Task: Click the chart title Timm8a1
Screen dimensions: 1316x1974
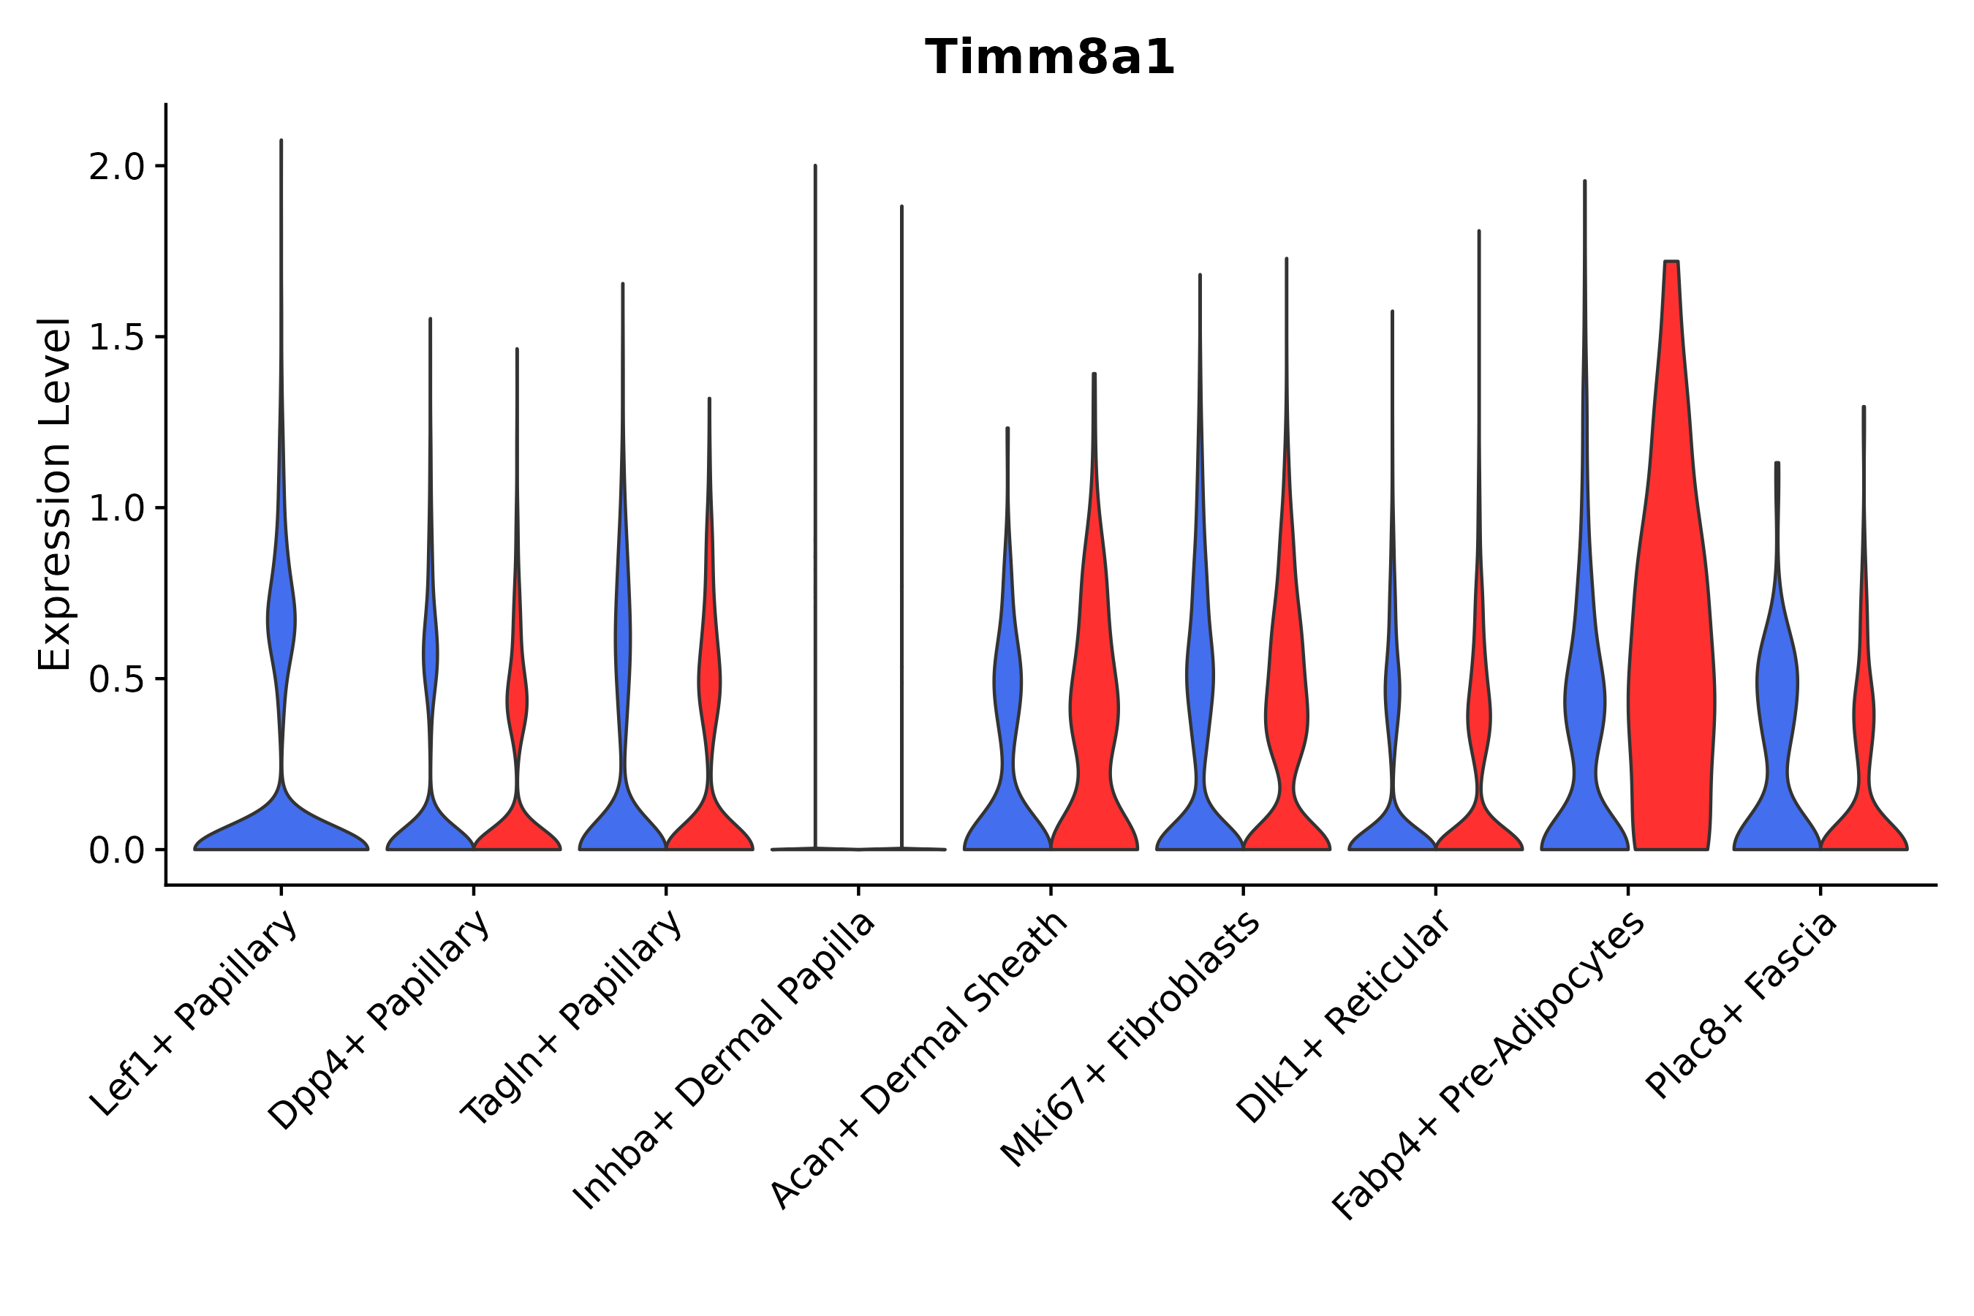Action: pyautogui.click(x=1049, y=58)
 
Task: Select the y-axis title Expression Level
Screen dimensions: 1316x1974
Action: pyautogui.click(x=55, y=494)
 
